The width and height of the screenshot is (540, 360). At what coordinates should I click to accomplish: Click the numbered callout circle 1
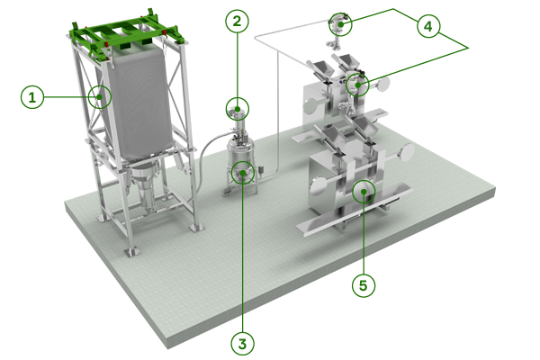coord(32,97)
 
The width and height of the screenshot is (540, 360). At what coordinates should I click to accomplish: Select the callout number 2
coord(237,22)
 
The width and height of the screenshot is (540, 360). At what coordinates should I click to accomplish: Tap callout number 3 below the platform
coord(242,344)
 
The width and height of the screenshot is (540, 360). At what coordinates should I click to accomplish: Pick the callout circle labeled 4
coord(428,26)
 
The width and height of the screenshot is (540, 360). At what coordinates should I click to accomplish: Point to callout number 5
coord(364,285)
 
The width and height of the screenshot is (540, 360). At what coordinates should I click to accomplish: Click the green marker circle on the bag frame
coord(100,97)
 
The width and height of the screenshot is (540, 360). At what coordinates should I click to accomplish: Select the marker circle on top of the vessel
coord(238,109)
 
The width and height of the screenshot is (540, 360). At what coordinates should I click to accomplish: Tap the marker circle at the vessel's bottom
coord(243,173)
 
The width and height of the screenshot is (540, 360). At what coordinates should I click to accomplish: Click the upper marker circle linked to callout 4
coord(340,24)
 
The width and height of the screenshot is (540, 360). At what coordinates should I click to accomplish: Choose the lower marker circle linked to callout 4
coord(357,85)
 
